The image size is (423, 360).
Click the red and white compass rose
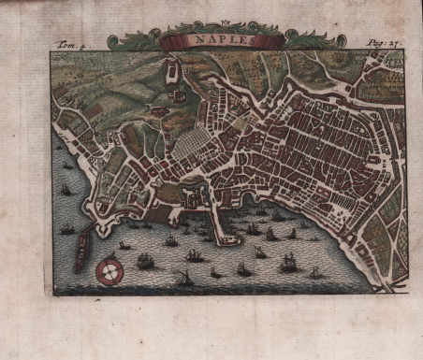110,272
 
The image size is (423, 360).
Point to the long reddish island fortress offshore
82,251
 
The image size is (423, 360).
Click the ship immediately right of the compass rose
145,261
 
